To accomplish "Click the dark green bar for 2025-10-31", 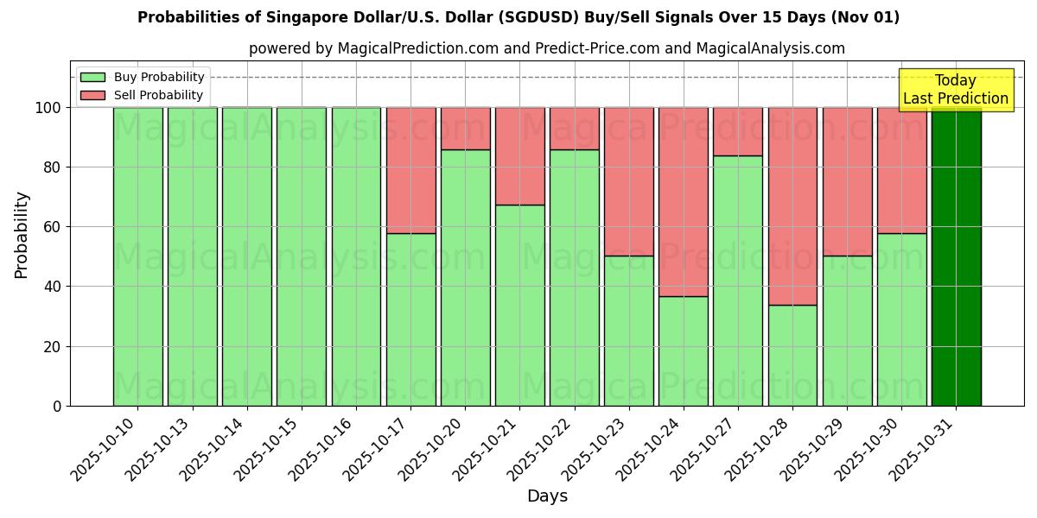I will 956,256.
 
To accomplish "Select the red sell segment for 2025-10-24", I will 683,201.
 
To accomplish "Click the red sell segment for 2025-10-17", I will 410,170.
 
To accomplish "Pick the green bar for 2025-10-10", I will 137,256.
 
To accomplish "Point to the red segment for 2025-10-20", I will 465,128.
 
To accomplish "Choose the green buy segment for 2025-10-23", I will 628,331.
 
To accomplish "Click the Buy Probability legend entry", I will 143,77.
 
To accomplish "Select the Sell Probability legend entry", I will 143,95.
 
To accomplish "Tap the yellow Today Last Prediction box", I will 955,90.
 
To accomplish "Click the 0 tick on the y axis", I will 57,406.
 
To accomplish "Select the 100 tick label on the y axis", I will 50,108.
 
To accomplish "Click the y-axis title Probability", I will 22,235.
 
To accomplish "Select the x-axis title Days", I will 547,496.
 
